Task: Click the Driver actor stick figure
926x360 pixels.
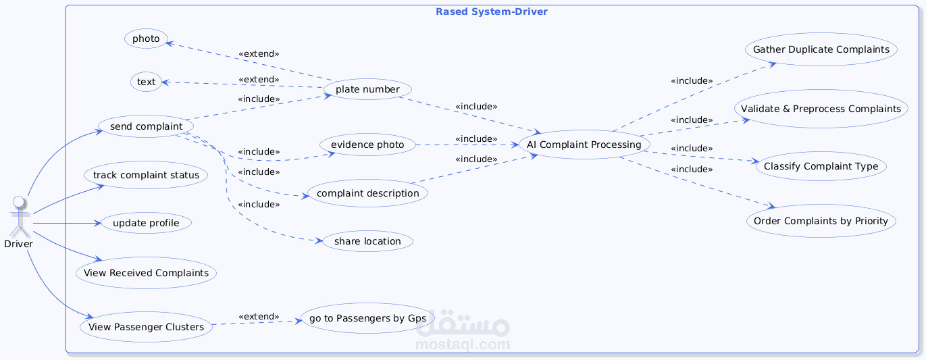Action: point(20,216)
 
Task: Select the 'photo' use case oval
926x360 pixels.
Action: point(146,38)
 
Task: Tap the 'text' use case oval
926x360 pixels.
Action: point(146,82)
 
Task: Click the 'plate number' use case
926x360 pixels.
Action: point(367,89)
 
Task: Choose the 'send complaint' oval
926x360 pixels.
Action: point(146,126)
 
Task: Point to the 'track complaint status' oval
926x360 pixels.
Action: point(146,175)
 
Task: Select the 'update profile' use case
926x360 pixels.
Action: point(146,223)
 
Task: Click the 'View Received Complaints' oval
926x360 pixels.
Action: point(146,273)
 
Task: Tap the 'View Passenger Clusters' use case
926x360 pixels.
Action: point(146,326)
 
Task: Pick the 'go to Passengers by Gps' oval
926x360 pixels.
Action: point(367,318)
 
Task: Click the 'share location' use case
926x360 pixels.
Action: point(367,241)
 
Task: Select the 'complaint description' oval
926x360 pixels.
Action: point(367,193)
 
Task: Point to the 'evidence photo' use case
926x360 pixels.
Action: point(367,145)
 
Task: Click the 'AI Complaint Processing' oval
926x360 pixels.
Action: point(584,145)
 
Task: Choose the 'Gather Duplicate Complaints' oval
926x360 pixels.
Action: point(821,49)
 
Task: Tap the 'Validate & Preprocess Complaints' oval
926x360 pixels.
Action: point(821,109)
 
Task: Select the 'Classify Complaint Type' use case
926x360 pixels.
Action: point(821,166)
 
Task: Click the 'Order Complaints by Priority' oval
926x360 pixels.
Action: point(821,221)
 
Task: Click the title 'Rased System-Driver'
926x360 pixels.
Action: point(492,11)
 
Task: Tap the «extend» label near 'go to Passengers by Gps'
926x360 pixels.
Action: point(259,316)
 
